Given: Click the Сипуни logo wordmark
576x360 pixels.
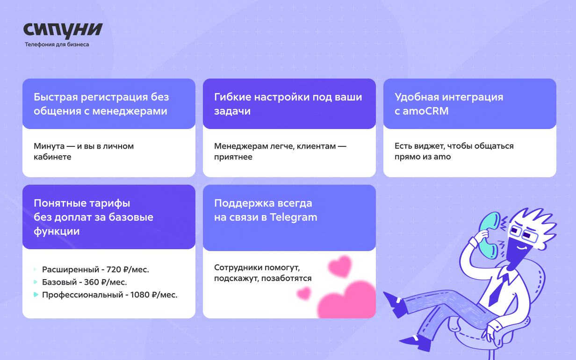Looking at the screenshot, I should click(63, 30).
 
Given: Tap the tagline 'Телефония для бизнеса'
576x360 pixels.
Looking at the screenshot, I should click(57, 44).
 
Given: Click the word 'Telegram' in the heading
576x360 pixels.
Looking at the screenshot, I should click(294, 217).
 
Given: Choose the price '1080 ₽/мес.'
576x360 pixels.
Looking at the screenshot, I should click(154, 295).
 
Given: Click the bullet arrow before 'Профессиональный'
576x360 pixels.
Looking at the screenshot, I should click(36, 295).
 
